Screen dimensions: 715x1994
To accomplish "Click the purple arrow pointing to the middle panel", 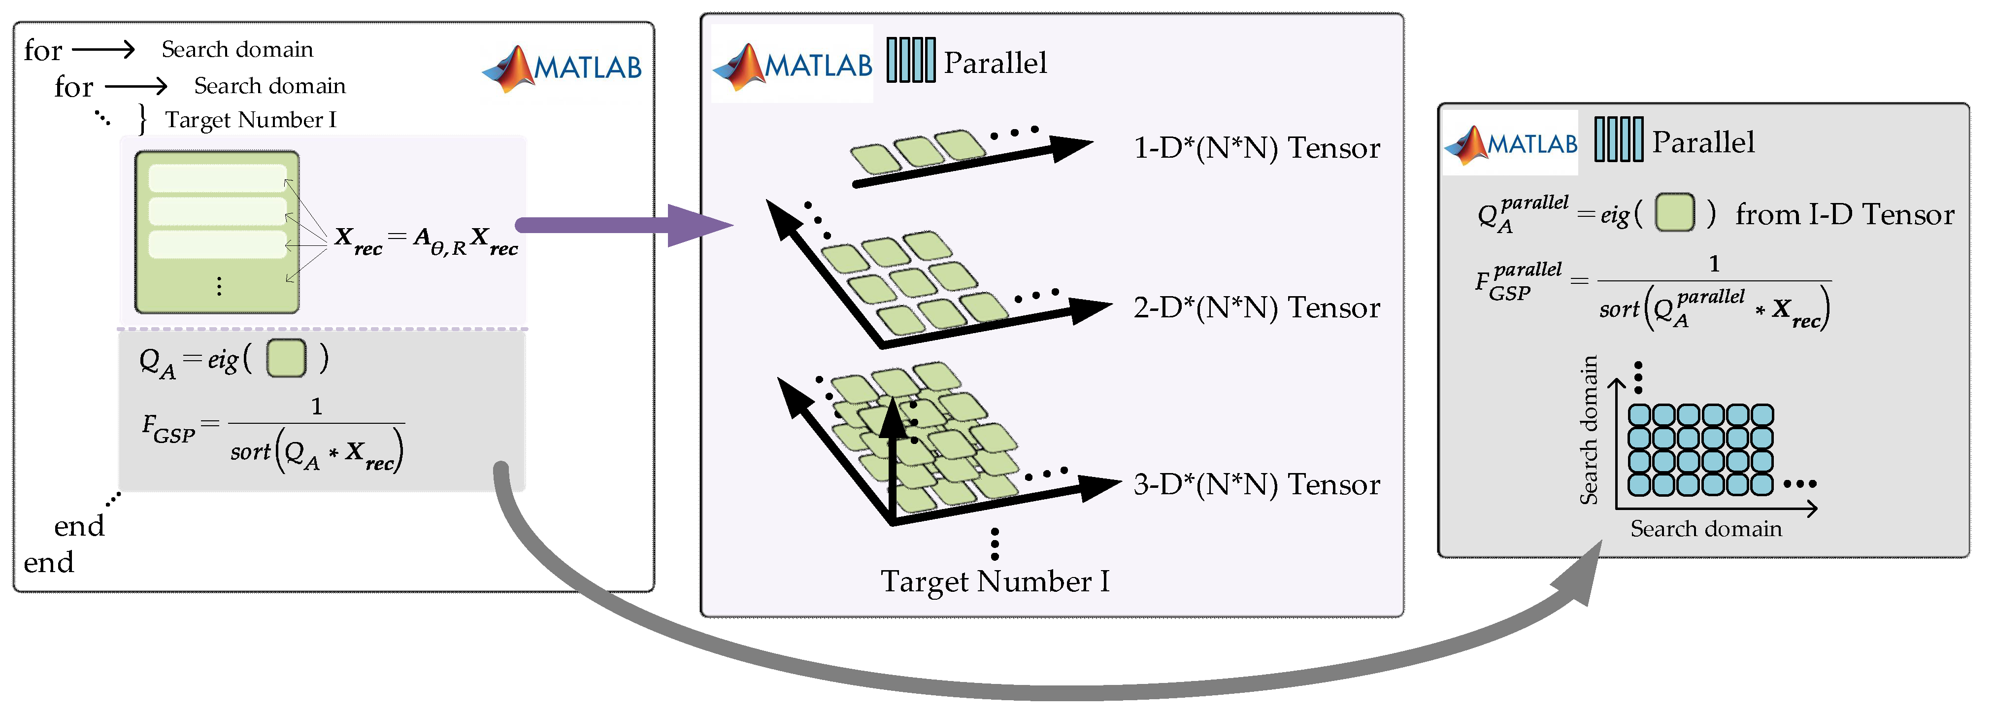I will [x=619, y=225].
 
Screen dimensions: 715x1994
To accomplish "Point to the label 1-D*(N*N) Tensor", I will [x=1256, y=148].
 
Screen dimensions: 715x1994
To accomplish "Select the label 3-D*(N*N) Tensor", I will [x=1256, y=485].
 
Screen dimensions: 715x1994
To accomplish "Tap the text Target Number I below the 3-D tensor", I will [x=995, y=581].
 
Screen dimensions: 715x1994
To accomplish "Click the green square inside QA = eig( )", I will [x=286, y=359].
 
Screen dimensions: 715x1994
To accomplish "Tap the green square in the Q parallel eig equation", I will [x=1674, y=213].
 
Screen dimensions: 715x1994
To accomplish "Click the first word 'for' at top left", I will [x=42, y=51].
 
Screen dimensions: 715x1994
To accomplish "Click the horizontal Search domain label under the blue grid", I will [x=1705, y=529].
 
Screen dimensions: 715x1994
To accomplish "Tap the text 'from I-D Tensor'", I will [x=1844, y=214].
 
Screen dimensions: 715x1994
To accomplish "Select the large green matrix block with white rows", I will [x=217, y=233].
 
